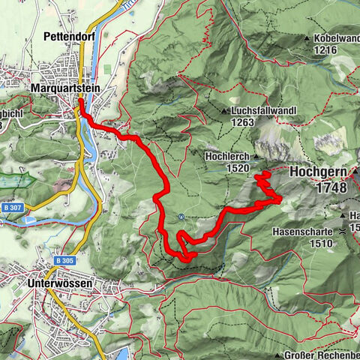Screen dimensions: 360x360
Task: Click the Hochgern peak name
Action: click(x=319, y=172)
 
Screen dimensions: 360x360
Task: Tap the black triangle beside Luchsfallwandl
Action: click(x=224, y=111)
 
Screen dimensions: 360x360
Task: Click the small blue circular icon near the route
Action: click(x=181, y=218)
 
